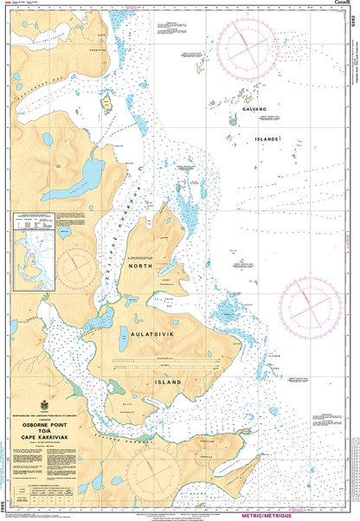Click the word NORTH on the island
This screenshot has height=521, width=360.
[141, 268]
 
